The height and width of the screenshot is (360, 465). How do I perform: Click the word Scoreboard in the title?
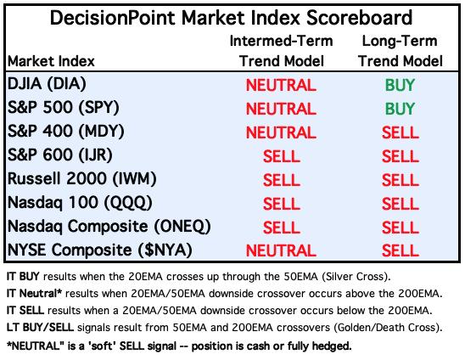[359, 18]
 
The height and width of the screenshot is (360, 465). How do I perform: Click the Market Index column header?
[51, 61]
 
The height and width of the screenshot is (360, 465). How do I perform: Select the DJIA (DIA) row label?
[47, 84]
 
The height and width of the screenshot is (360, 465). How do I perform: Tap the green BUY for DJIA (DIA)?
[400, 85]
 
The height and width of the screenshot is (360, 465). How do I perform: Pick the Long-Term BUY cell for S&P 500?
[400, 109]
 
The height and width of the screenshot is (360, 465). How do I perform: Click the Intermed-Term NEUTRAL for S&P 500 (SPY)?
[281, 109]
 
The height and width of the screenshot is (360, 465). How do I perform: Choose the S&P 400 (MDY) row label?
[66, 132]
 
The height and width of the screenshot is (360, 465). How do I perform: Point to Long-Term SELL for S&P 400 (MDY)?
[400, 132]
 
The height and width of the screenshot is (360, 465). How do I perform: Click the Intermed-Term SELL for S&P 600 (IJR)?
[282, 156]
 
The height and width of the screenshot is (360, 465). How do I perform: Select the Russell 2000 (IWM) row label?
[81, 179]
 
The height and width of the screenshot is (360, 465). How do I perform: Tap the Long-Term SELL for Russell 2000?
[400, 180]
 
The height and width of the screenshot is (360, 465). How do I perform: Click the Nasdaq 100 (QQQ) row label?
[80, 203]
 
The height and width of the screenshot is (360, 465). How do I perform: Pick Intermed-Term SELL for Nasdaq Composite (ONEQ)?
[282, 228]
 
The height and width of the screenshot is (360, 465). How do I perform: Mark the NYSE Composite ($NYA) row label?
[99, 250]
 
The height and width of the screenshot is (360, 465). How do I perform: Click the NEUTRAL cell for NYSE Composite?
[281, 250]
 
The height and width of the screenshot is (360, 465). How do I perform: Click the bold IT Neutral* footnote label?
[34, 294]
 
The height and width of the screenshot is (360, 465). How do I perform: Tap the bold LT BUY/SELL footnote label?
[40, 328]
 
